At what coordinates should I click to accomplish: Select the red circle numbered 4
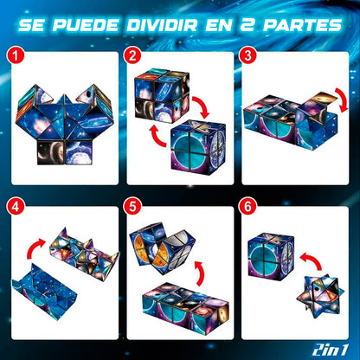click(14, 207)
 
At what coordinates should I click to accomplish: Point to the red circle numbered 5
click(132, 207)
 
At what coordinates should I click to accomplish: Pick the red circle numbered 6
click(250, 207)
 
